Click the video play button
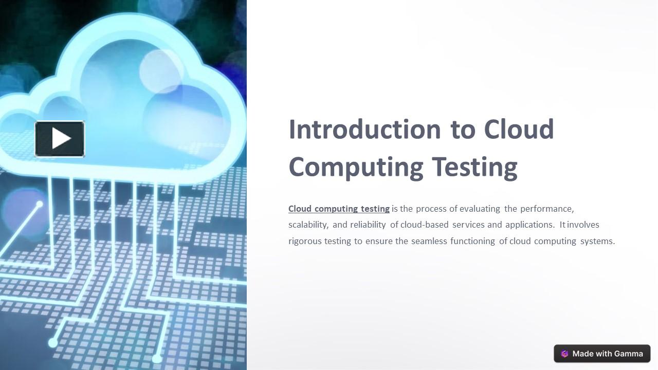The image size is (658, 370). [x=60, y=139]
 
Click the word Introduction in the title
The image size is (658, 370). [x=364, y=129]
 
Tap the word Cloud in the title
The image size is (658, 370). [x=519, y=129]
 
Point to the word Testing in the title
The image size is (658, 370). [x=474, y=167]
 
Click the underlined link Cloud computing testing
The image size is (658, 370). [x=339, y=209]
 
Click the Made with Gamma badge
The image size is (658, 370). [x=602, y=354]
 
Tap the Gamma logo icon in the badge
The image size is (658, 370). [x=564, y=354]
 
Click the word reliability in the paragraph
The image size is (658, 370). [x=368, y=225]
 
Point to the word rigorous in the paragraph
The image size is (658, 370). [x=304, y=241]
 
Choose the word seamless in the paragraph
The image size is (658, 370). [x=429, y=241]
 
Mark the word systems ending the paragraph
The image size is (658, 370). [x=597, y=241]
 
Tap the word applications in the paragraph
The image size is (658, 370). [x=529, y=225]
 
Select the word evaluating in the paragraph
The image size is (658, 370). [x=480, y=209]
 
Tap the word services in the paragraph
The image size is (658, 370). [x=468, y=225]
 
